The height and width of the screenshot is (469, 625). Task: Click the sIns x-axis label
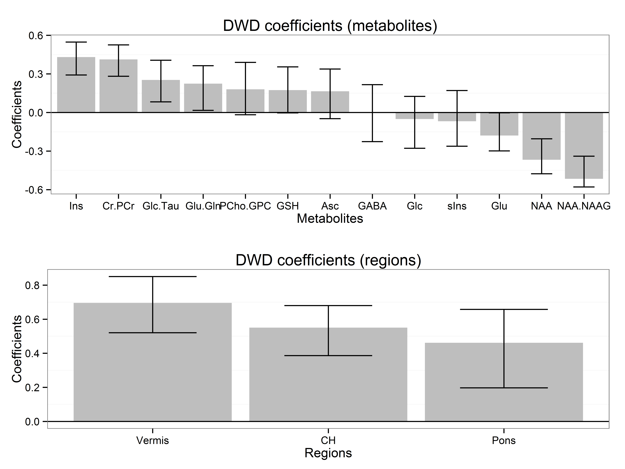(457, 206)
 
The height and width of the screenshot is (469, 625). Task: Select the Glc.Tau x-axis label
(161, 206)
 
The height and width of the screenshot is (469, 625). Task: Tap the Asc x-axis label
(330, 206)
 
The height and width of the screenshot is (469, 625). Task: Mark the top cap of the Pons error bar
(504, 310)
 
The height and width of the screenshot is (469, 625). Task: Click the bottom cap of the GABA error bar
(372, 142)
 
